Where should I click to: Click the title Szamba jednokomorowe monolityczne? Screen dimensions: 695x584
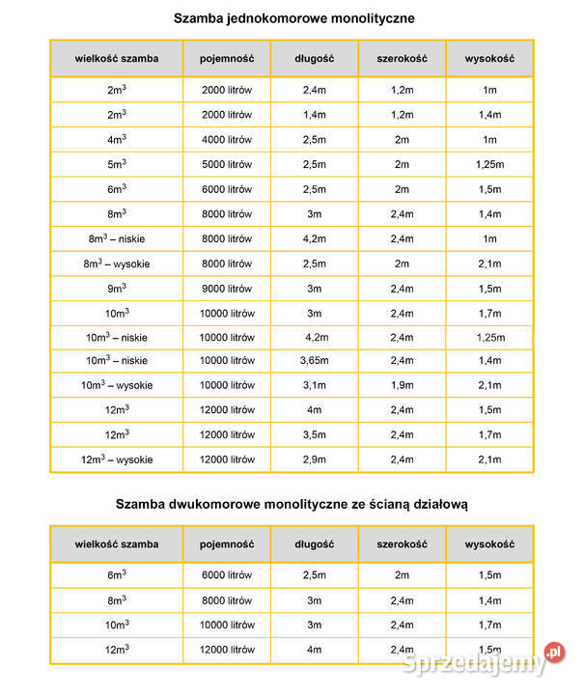(x=293, y=18)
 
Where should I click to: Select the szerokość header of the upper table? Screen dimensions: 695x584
(x=402, y=58)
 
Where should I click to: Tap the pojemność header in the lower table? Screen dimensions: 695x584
(x=227, y=543)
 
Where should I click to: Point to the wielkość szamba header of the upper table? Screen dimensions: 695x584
(x=117, y=58)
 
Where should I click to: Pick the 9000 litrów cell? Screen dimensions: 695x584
(x=227, y=289)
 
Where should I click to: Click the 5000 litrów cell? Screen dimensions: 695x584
(x=227, y=164)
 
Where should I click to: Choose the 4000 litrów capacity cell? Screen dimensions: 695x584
(x=227, y=139)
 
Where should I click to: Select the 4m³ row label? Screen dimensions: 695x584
(x=117, y=139)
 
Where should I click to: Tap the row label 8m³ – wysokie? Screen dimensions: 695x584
(x=117, y=264)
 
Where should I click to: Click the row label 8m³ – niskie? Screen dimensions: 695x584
(x=117, y=238)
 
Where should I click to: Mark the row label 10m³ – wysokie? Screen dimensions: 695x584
(x=117, y=385)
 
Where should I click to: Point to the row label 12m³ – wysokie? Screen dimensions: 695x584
(x=117, y=459)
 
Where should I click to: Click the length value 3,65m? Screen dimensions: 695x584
(x=315, y=360)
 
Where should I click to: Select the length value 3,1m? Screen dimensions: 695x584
(x=315, y=385)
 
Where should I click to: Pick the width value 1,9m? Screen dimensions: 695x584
(x=402, y=385)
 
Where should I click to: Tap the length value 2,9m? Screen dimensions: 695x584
(x=315, y=459)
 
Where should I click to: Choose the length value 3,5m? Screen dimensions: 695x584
(x=315, y=434)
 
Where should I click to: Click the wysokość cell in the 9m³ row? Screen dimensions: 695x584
(x=489, y=289)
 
